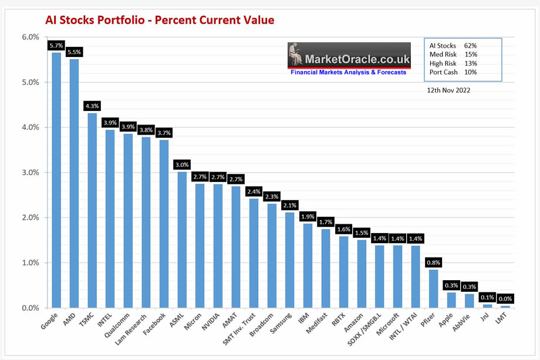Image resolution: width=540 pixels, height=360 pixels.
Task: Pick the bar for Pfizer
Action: click(433, 288)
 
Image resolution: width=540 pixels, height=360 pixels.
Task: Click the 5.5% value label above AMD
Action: click(75, 52)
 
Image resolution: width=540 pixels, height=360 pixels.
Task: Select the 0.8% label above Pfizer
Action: click(433, 263)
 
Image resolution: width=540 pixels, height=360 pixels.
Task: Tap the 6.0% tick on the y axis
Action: click(30, 38)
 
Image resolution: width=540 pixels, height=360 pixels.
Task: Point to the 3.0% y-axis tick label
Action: click(30, 173)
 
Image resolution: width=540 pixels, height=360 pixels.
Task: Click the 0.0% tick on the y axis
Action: click(30, 308)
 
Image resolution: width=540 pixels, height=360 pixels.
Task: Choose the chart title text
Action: click(160, 21)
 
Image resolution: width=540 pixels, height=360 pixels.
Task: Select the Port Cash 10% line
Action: click(453, 72)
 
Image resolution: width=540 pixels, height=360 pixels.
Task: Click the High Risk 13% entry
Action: click(453, 63)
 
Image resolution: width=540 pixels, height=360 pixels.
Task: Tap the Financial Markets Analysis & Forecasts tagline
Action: click(348, 72)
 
